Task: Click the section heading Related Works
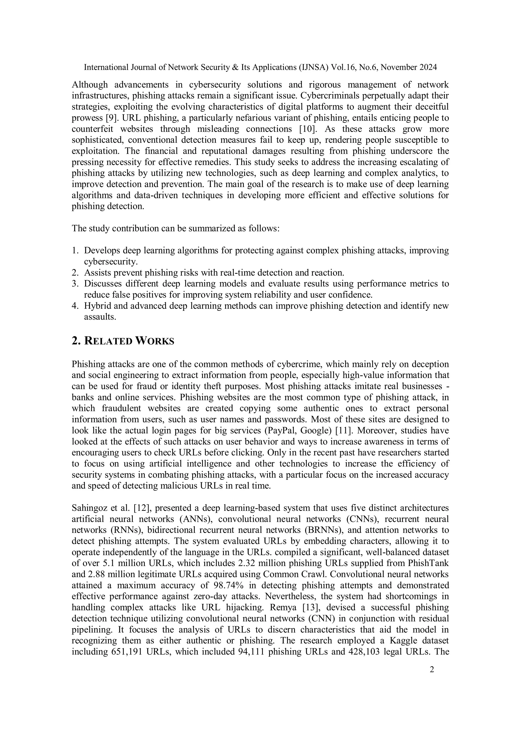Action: pyautogui.click(x=123, y=341)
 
